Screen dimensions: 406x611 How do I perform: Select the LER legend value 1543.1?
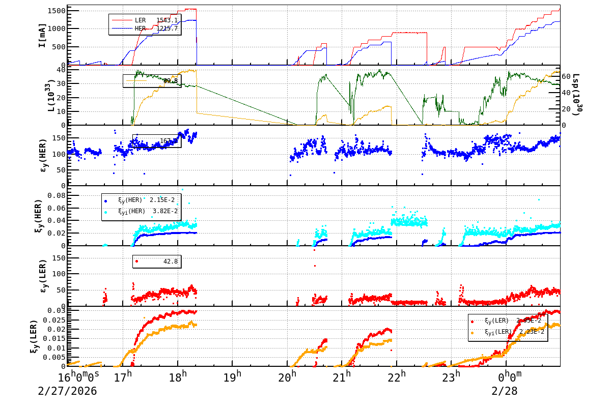coord(167,20)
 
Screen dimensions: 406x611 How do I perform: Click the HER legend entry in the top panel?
coord(140,28)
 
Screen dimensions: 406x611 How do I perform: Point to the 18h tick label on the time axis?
coord(178,378)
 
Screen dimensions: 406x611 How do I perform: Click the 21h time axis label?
coord(342,378)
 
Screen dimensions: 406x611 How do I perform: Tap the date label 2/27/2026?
coord(67,392)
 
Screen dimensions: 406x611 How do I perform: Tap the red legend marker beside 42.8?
coord(136,261)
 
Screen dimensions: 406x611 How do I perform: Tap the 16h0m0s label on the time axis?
coord(78,378)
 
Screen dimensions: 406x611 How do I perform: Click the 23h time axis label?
coord(451,378)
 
